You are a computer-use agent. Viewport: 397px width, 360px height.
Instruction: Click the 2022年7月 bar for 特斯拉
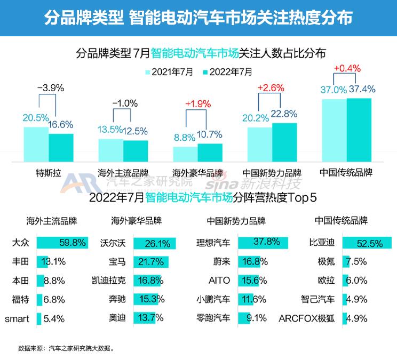61,147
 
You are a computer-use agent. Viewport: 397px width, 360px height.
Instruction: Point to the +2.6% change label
271,88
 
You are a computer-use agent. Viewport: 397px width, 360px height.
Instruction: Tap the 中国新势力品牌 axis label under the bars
272,173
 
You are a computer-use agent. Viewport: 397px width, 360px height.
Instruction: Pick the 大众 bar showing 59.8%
62,243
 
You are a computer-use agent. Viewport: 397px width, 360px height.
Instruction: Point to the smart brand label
17,319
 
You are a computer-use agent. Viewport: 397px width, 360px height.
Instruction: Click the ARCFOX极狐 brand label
307,319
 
